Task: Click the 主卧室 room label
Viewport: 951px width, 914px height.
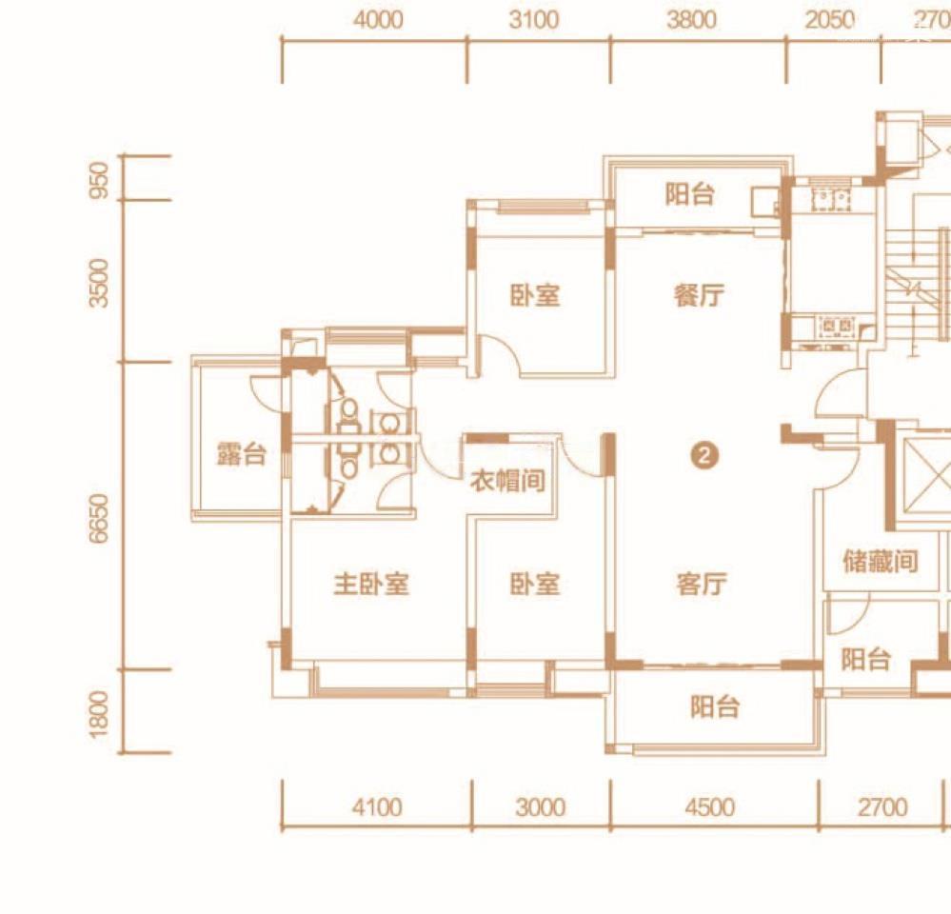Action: click(370, 584)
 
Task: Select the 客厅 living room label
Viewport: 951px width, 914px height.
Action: click(702, 584)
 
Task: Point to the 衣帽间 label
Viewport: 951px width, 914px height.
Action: click(508, 481)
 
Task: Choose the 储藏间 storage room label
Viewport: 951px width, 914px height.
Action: click(881, 561)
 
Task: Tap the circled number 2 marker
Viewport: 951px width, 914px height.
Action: click(703, 457)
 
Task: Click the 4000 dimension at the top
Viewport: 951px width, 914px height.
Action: click(377, 20)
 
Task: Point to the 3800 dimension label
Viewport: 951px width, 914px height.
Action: click(691, 20)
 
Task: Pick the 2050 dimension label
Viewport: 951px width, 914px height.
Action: click(829, 20)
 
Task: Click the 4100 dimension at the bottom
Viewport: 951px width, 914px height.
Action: click(376, 808)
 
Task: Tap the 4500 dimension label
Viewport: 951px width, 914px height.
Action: click(709, 808)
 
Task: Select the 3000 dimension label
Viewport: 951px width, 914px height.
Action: click(540, 808)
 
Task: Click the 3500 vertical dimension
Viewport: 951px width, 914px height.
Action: click(100, 283)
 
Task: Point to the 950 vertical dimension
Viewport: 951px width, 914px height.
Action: click(100, 179)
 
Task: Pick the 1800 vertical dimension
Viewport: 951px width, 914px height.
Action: click(100, 711)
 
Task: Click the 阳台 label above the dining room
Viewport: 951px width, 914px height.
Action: click(689, 195)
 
